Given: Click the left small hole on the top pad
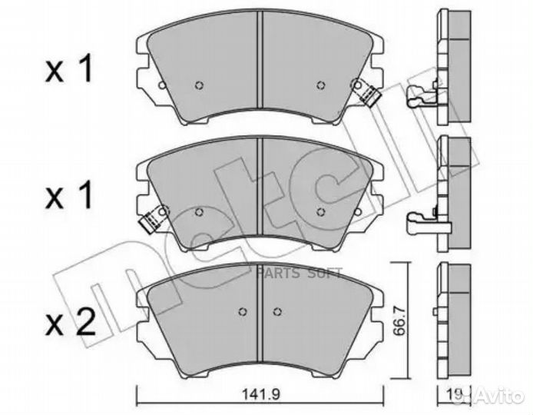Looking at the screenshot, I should [x=197, y=86].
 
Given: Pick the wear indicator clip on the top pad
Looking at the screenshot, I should [x=367, y=93].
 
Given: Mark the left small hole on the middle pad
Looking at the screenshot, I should [x=199, y=214].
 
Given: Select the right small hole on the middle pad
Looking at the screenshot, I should [x=320, y=213].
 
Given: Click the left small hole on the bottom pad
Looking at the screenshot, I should [x=243, y=311].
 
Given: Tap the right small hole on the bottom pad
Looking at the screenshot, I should [x=276, y=311].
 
